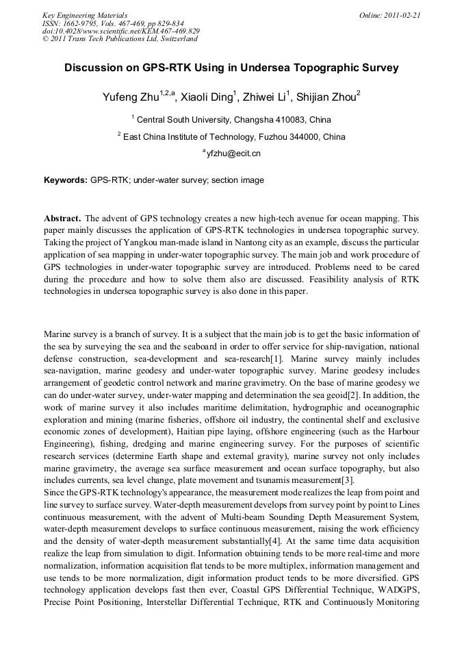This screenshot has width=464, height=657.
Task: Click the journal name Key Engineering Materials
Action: pos(85,15)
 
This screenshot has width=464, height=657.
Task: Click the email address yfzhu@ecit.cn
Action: pos(233,153)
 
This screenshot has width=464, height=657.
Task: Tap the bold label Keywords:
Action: pos(66,181)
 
